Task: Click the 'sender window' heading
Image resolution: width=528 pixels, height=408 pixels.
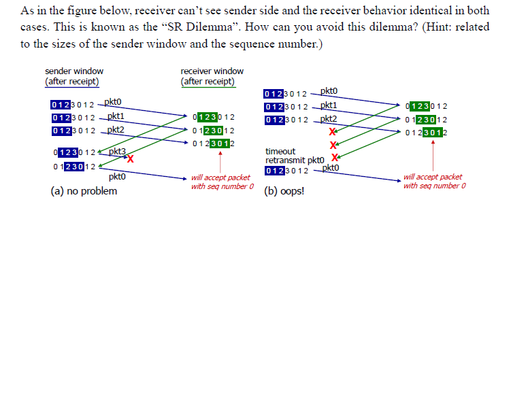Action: [x=74, y=71]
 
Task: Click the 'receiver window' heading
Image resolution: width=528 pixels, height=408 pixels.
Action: [x=212, y=71]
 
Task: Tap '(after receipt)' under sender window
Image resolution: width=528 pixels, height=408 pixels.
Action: [x=72, y=82]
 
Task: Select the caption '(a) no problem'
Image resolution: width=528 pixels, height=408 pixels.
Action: [x=84, y=191]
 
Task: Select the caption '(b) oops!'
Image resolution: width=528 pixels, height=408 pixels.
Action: [x=284, y=191]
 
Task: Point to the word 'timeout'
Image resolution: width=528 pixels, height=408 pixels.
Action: [x=280, y=152]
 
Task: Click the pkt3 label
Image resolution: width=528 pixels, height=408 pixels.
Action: [x=118, y=151]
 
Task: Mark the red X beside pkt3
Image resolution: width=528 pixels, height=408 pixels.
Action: [x=129, y=159]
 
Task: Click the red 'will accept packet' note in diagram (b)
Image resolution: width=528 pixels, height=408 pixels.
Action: [x=433, y=177]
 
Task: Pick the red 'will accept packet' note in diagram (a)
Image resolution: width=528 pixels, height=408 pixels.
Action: [x=221, y=177]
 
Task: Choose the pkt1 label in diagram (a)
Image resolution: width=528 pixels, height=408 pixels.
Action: [x=116, y=116]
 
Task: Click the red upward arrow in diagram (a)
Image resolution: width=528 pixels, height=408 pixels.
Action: [x=220, y=160]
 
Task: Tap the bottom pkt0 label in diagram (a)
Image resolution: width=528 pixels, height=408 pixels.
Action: [x=116, y=177]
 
